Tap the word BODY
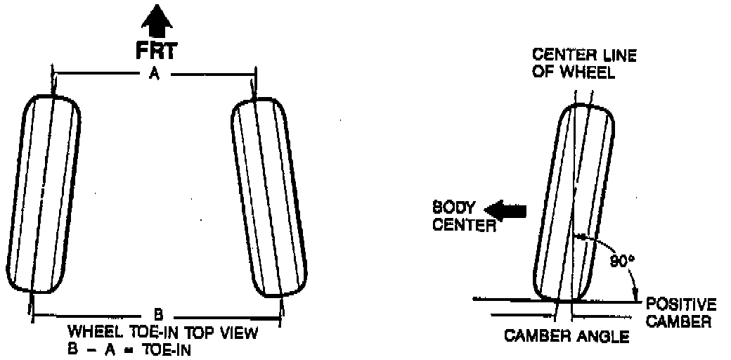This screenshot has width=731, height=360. tap(454, 208)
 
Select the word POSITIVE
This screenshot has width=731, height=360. tap(680, 305)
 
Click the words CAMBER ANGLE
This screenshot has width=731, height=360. tap(567, 336)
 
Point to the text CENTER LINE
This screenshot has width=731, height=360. tap(583, 56)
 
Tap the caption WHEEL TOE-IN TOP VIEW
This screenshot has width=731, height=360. tap(162, 332)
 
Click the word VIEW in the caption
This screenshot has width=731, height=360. tap(240, 332)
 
